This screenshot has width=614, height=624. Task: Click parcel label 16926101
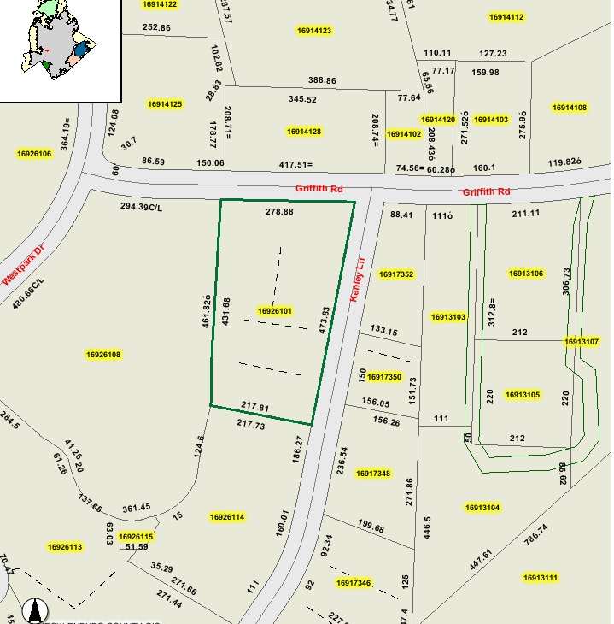pos(275,311)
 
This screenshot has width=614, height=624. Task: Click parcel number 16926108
pos(103,355)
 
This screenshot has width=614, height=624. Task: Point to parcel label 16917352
pos(396,274)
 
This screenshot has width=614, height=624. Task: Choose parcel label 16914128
pos(304,132)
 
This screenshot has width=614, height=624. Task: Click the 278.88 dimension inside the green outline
pos(279,211)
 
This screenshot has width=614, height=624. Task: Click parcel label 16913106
pos(525,274)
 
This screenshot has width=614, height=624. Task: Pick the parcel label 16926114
pos(227,517)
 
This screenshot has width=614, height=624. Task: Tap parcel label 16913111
pos(540,578)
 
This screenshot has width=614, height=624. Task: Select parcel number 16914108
pos(569,108)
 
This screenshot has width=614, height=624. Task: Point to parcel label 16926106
pos(34,154)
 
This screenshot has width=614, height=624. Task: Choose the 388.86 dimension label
pos(323,80)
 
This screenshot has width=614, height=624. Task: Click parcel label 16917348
pos(373,474)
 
